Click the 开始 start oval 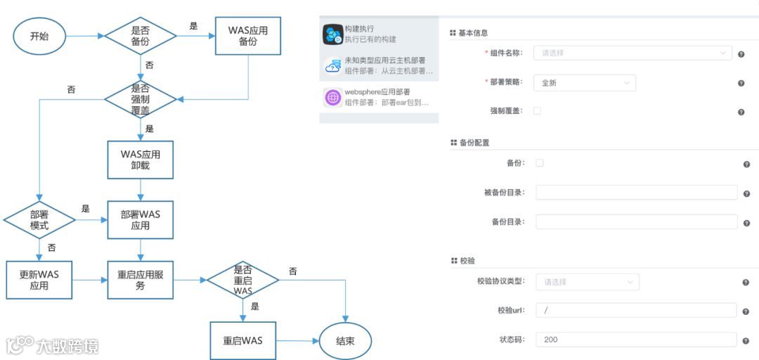click(x=39, y=36)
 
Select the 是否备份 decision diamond click(x=141, y=36)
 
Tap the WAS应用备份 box click(x=247, y=36)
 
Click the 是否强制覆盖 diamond click(x=141, y=99)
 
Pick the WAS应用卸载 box click(x=141, y=160)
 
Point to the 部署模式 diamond click(x=39, y=220)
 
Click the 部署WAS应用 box click(x=141, y=220)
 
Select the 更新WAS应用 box click(x=39, y=280)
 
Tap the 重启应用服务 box click(x=141, y=280)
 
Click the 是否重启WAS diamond click(x=242, y=280)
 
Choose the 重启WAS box click(x=242, y=341)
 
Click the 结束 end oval click(x=345, y=341)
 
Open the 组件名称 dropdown click(x=632, y=53)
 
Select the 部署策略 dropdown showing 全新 click(x=585, y=83)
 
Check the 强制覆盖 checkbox click(x=538, y=111)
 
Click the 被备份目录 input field click(x=636, y=193)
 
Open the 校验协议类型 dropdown click(x=587, y=282)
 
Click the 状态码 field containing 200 click(x=636, y=340)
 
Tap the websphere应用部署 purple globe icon click(x=332, y=98)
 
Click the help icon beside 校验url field click(x=746, y=311)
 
